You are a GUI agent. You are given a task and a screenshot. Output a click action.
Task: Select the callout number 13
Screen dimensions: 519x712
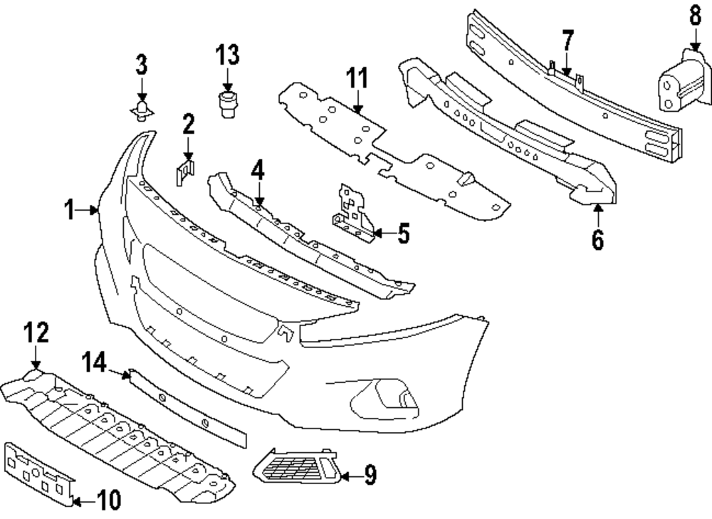228,54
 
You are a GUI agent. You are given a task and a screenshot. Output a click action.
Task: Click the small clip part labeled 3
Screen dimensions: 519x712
142,110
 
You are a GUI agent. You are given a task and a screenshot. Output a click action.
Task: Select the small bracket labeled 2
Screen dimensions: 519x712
184,172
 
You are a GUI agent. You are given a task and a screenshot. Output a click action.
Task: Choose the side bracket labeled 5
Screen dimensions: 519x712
355,211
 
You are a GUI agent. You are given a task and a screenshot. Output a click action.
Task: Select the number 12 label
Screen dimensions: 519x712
36,332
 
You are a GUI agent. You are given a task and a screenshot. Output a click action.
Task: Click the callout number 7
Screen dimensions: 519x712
567,41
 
